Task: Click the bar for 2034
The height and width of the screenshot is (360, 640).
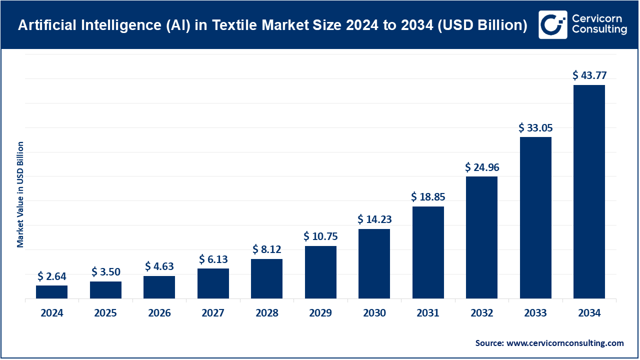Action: [589, 192]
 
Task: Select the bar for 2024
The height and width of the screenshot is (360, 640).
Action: [51, 292]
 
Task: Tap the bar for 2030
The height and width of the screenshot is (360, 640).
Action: [374, 264]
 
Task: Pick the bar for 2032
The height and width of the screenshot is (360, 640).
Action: [481, 237]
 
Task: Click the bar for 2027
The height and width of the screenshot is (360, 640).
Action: [213, 283]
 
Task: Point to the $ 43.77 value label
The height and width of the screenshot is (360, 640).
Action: [589, 75]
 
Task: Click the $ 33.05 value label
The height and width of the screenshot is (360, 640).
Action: [535, 127]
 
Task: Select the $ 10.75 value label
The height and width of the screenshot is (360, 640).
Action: [320, 236]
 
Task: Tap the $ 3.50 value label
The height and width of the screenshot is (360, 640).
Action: [105, 272]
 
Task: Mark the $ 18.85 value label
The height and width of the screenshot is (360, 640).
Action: [428, 197]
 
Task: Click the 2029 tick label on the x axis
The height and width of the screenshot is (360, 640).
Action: [320, 313]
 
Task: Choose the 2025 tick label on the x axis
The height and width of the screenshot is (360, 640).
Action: [105, 313]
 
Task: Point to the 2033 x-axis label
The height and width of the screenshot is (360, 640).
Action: [535, 313]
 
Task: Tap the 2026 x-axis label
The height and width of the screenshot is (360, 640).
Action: [159, 313]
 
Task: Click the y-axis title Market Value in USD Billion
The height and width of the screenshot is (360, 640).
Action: [20, 194]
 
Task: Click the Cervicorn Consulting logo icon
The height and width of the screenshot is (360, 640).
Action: [552, 24]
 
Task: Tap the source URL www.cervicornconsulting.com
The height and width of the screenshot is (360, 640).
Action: [565, 343]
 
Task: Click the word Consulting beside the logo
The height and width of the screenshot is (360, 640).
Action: [599, 30]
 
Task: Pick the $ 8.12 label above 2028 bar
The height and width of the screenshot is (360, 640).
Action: [266, 249]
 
